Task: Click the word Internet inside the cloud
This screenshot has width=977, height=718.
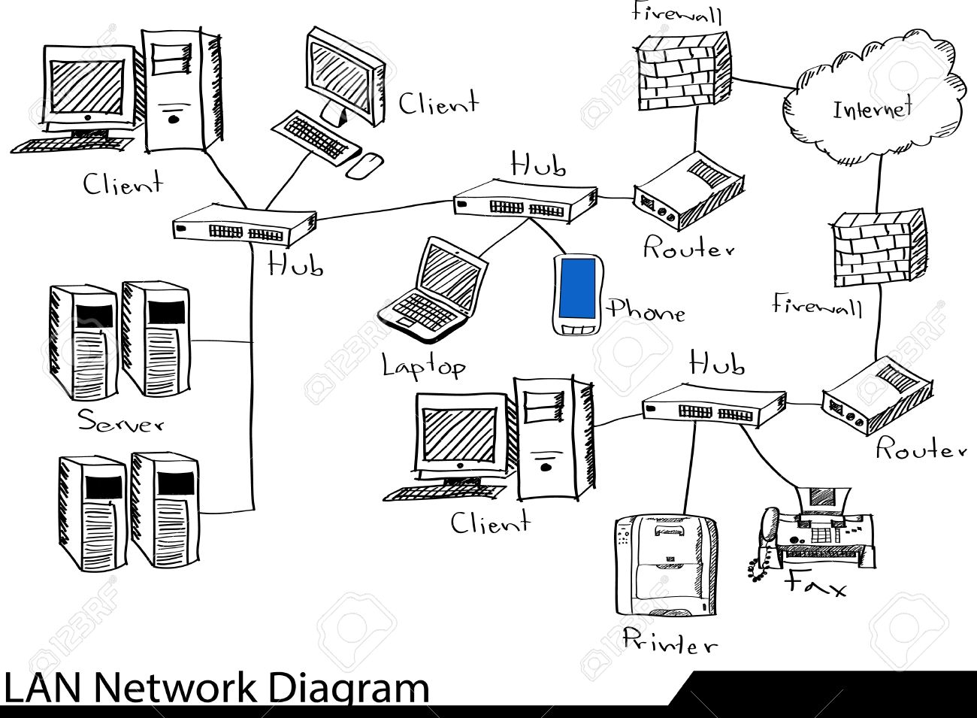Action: (873, 109)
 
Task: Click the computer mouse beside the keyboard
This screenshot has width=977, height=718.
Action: (365, 166)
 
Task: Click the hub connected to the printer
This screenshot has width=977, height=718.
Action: (714, 405)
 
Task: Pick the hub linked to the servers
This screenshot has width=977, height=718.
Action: (244, 224)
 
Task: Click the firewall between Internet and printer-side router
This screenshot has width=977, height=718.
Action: (876, 248)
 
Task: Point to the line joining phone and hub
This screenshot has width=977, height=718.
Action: (550, 238)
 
